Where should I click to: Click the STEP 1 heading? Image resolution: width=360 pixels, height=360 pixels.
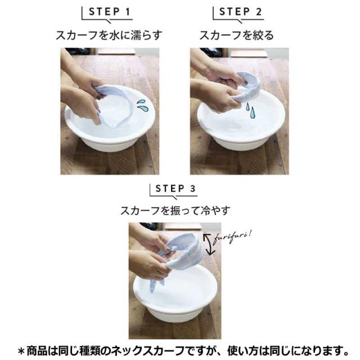(109, 11)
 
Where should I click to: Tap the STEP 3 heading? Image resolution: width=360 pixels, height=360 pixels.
(175, 188)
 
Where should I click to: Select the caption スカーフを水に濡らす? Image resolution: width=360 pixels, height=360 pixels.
(109, 35)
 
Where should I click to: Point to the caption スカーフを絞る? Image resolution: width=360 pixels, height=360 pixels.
(236, 35)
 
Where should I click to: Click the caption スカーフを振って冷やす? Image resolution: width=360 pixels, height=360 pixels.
(175, 210)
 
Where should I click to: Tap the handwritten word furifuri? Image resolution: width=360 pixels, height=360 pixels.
(232, 237)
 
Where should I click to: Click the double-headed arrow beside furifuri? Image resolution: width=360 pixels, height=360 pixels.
(208, 245)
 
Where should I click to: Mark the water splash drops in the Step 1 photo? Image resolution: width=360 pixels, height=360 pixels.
(141, 105)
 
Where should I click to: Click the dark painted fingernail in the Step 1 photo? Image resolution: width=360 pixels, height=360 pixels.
(99, 97)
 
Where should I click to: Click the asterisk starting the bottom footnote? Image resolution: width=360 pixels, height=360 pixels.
(21, 351)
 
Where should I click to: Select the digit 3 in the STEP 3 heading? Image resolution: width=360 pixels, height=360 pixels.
(192, 188)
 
